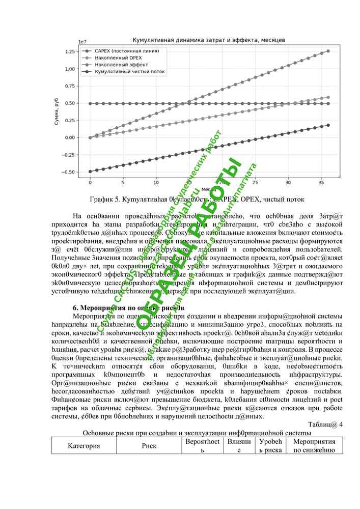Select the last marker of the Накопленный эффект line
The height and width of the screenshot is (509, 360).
click(x=328, y=51)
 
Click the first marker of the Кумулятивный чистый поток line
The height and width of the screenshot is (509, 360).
click(x=90, y=172)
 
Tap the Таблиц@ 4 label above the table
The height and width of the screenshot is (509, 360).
click(x=325, y=424)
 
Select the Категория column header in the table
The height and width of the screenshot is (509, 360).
click(x=84, y=446)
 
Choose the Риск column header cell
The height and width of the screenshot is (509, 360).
click(x=149, y=446)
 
